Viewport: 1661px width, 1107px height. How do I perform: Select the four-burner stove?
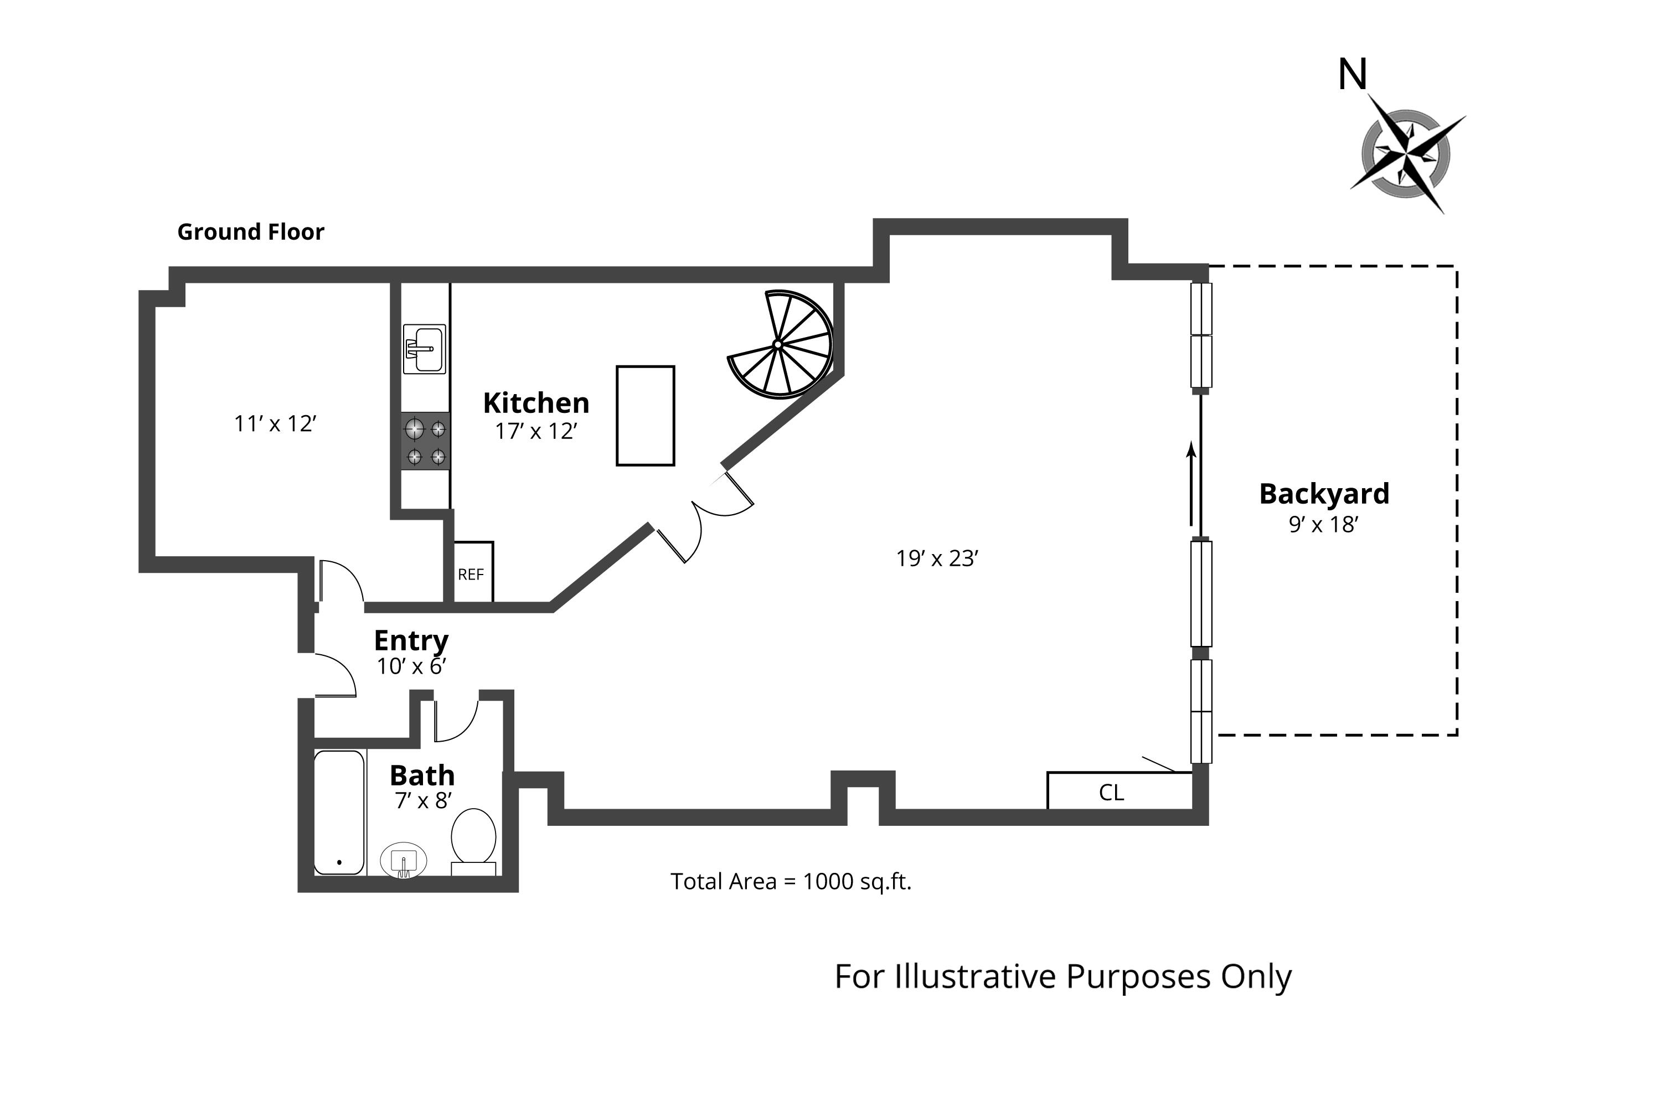[425, 441]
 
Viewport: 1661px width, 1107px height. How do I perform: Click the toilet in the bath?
[473, 840]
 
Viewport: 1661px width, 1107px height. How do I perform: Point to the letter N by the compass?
[1353, 74]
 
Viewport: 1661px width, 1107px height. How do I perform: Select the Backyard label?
[1324, 494]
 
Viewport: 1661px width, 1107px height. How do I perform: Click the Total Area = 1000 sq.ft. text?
[791, 881]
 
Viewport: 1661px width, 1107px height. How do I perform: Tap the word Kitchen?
[536, 403]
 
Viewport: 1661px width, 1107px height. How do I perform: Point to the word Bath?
[422, 775]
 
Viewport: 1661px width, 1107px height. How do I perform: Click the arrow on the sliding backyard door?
[1191, 484]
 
